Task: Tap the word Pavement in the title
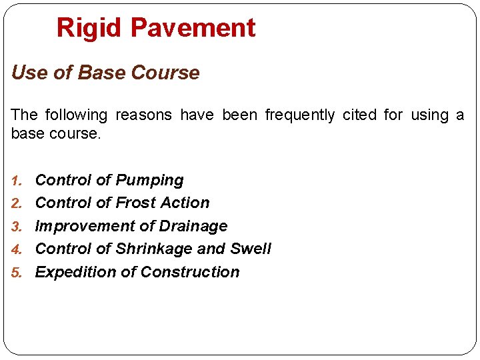pyautogui.click(x=193, y=28)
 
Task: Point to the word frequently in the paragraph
pyautogui.click(x=300, y=115)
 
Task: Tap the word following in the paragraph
pyautogui.click(x=74, y=115)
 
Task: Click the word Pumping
pyautogui.click(x=149, y=181)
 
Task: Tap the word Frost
pyautogui.click(x=135, y=203)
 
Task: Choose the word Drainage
pyautogui.click(x=193, y=227)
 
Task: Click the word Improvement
pyautogui.click(x=86, y=227)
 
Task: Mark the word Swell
pyautogui.click(x=251, y=249)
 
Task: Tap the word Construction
pyautogui.click(x=190, y=272)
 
